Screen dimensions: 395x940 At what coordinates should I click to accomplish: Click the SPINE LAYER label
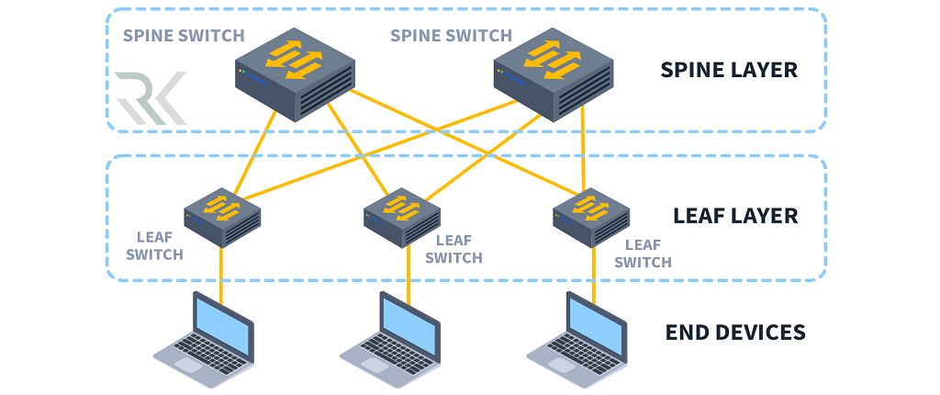point(729,70)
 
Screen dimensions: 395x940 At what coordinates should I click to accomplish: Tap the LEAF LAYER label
point(734,217)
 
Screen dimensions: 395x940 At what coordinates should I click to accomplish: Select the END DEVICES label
point(734,332)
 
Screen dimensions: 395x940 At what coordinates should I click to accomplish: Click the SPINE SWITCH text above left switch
point(184,37)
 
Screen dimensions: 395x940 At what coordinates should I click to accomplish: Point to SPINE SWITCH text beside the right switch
point(451,36)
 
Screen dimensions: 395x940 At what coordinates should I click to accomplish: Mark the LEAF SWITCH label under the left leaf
point(154,245)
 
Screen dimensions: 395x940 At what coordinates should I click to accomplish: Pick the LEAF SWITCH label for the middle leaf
point(453,249)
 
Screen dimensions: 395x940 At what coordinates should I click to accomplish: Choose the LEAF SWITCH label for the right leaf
point(643,254)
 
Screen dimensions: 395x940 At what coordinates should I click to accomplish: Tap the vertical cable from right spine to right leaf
point(584,147)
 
